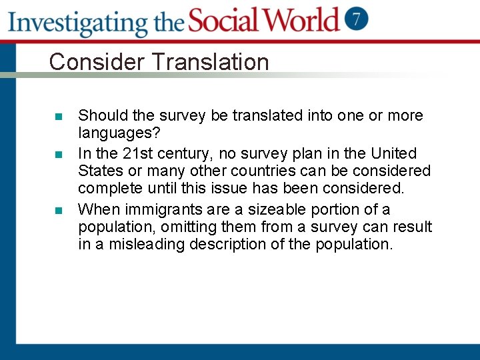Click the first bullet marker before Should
click(x=58, y=117)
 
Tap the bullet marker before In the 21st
click(x=58, y=155)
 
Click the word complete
click(x=110, y=189)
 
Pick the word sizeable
click(x=258, y=210)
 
